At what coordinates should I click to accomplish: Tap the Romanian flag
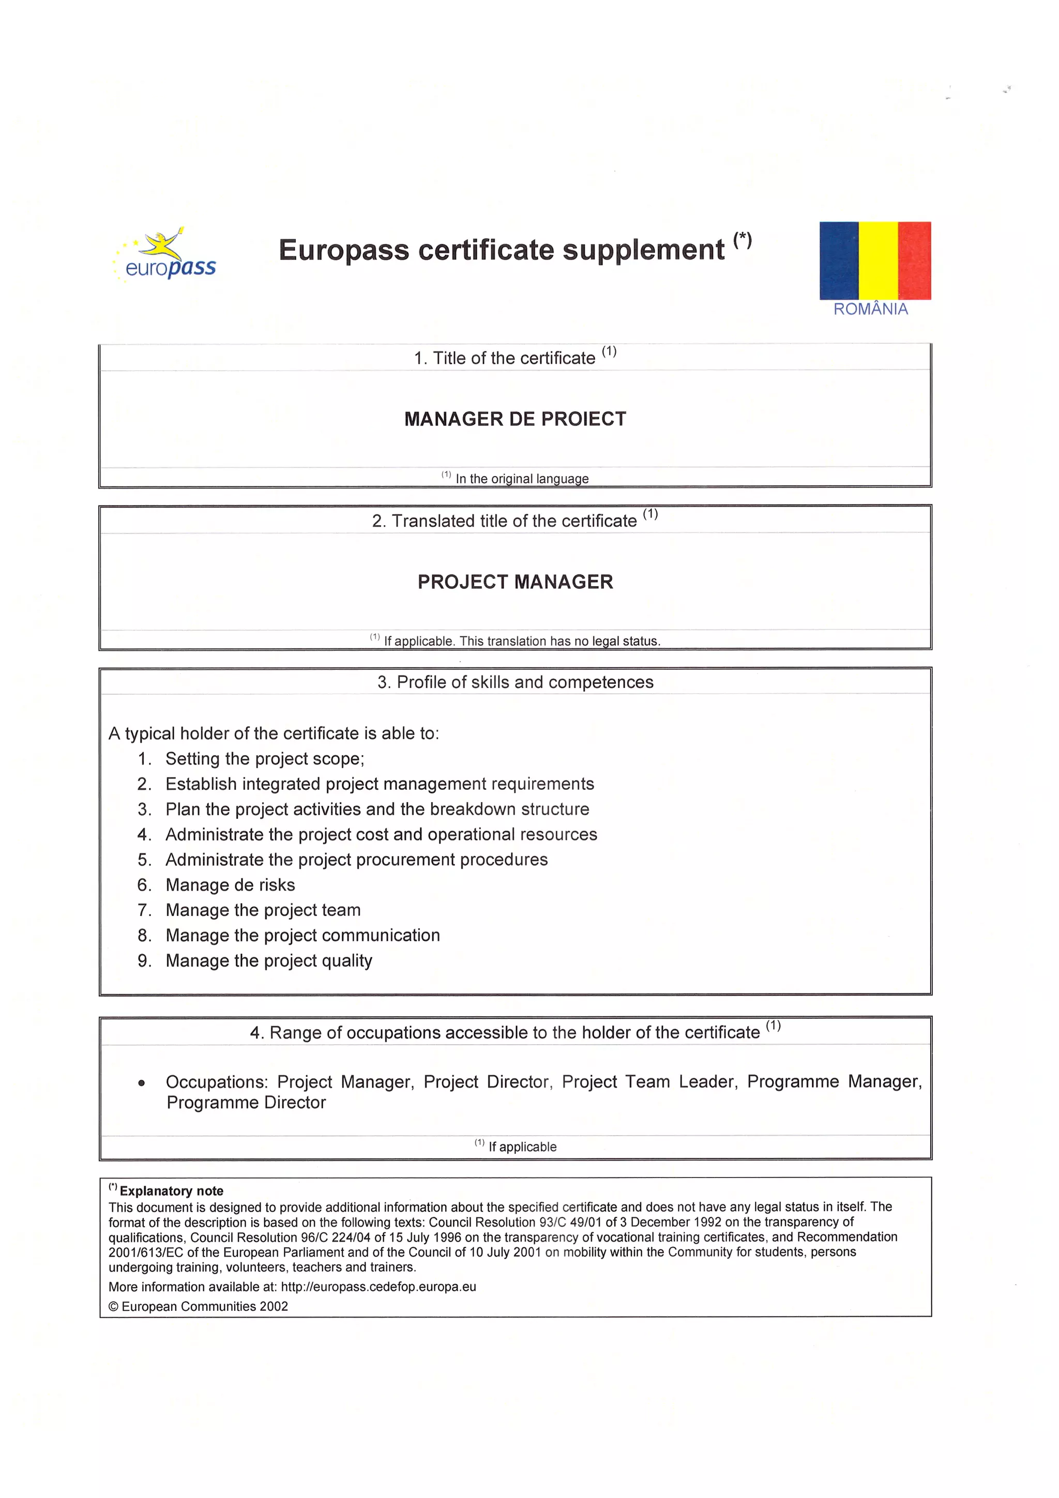(x=874, y=261)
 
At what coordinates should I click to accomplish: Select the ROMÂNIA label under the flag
(x=870, y=309)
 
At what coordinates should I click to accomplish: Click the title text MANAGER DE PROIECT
(x=515, y=419)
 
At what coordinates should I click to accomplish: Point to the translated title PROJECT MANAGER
(x=515, y=582)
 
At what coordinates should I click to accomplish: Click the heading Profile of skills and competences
(x=515, y=682)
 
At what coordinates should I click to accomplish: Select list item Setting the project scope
(x=264, y=759)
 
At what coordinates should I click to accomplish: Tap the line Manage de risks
(x=230, y=885)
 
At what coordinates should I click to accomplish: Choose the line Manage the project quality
(x=268, y=960)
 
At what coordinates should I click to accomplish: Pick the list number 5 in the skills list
(x=144, y=860)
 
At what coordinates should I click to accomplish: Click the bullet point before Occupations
(x=142, y=1083)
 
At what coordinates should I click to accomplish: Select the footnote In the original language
(x=521, y=479)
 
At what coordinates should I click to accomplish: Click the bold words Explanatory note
(x=171, y=1191)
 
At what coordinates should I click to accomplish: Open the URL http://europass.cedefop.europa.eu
(x=379, y=1287)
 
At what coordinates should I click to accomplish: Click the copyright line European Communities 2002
(x=199, y=1306)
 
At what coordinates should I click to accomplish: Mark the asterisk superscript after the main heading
(x=743, y=240)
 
